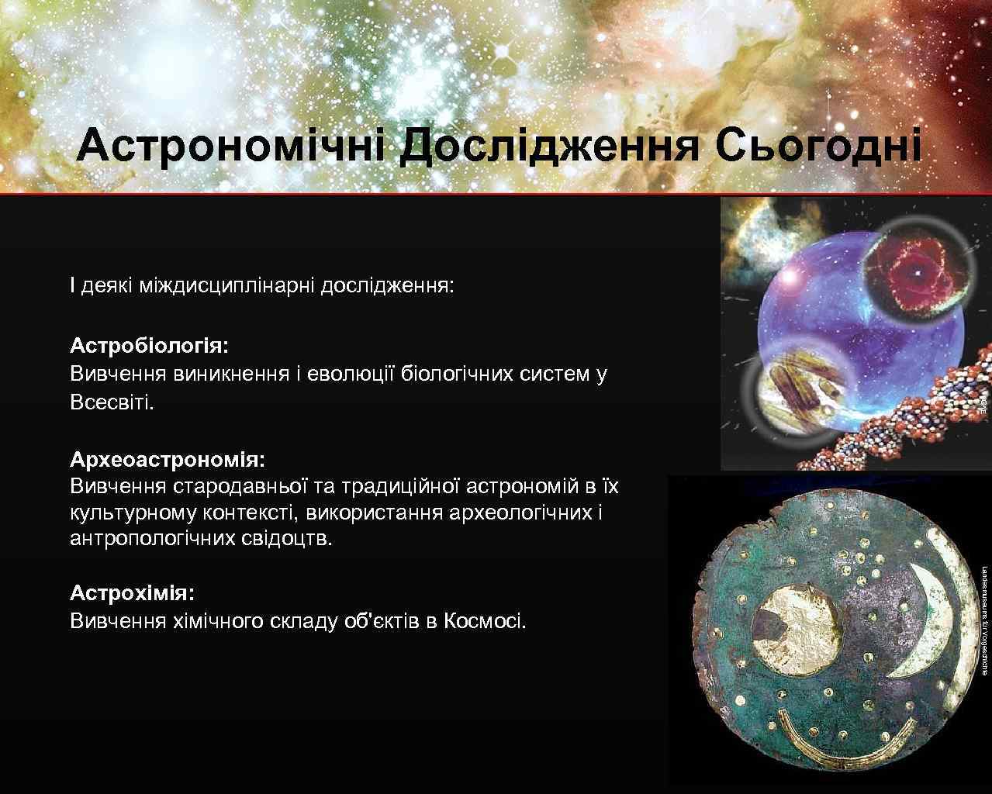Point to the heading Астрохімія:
coord(133,593)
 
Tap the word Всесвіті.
coord(112,402)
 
